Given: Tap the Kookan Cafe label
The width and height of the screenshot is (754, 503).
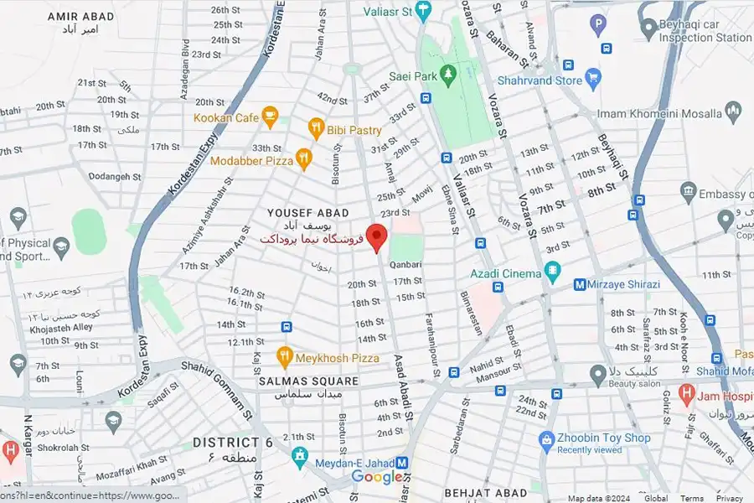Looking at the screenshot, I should click(226, 118).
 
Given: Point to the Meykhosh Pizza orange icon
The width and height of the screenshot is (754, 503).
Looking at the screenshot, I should click(285, 357).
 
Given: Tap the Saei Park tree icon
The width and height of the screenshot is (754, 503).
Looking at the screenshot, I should click(449, 75).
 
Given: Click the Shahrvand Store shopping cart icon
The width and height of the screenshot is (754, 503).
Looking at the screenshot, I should click(594, 80).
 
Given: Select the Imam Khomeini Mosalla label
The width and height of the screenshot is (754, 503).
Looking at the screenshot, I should click(658, 113).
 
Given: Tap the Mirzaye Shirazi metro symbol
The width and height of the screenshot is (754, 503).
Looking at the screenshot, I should click(579, 284).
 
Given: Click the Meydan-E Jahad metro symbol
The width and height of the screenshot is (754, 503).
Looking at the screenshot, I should click(402, 463).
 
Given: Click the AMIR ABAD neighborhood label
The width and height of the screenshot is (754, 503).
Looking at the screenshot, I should click(80, 16).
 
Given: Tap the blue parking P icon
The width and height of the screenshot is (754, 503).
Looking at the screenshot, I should click(598, 24).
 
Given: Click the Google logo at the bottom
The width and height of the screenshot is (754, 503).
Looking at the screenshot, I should click(377, 477).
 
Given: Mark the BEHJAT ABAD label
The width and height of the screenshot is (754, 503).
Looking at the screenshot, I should click(486, 493).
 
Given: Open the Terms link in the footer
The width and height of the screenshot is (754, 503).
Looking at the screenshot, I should click(692, 498).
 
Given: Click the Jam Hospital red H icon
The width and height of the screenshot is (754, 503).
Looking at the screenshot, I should click(686, 392).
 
